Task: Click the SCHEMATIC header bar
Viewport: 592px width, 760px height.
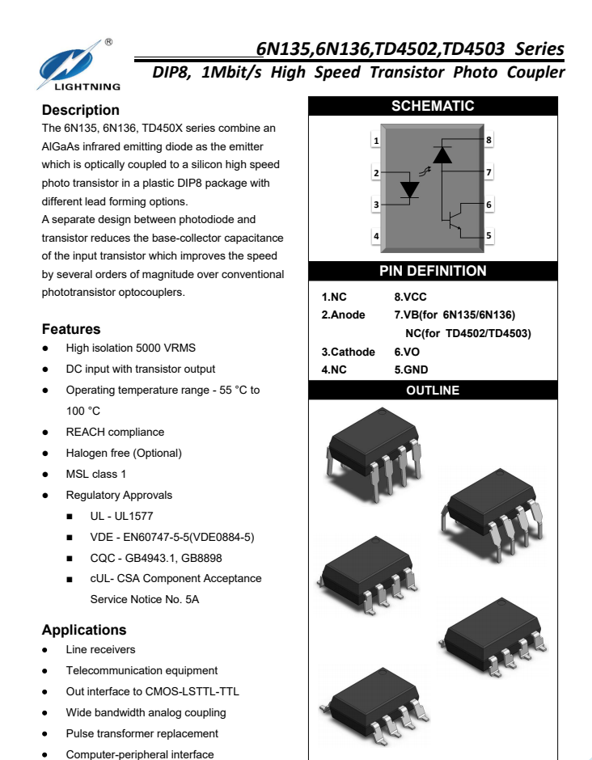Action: (x=433, y=106)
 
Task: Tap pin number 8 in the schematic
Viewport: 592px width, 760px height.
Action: (x=488, y=140)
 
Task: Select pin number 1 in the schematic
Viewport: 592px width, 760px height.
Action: (x=376, y=141)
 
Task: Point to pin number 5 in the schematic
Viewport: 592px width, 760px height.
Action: (x=488, y=236)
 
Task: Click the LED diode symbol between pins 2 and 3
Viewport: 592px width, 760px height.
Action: (x=410, y=189)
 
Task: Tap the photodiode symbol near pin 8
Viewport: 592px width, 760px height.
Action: (x=442, y=154)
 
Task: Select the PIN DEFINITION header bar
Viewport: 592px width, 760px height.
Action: (x=433, y=271)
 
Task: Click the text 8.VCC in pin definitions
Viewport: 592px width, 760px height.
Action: (x=410, y=297)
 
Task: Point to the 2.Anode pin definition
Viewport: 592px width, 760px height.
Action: (x=343, y=315)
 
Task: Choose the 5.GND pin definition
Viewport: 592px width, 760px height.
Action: (x=411, y=370)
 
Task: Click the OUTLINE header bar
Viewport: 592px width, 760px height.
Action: (x=433, y=391)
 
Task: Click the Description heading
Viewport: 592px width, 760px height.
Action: (x=80, y=110)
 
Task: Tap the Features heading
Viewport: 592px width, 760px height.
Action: (x=71, y=329)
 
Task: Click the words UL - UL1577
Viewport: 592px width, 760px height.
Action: (x=121, y=516)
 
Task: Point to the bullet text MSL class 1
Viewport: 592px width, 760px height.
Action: (x=95, y=474)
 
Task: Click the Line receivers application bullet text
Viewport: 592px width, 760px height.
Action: (x=100, y=650)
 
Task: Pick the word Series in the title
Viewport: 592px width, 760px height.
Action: (x=539, y=48)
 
